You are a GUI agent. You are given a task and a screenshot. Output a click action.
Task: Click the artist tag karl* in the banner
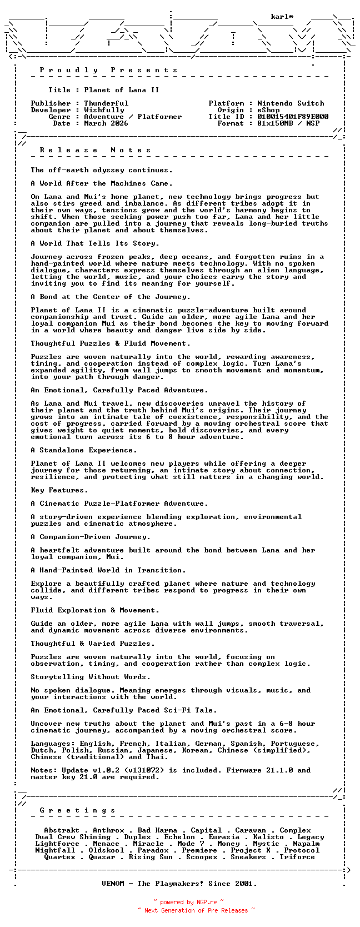pyautogui.click(x=282, y=17)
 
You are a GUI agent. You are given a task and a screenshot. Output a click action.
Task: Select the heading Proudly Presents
pyautogui.click(x=109, y=70)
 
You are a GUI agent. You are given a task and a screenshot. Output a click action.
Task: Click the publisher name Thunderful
pyautogui.click(x=106, y=103)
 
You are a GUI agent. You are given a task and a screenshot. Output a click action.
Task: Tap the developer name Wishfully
pyautogui.click(x=104, y=110)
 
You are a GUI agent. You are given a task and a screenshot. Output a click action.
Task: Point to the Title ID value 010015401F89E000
pyautogui.click(x=293, y=117)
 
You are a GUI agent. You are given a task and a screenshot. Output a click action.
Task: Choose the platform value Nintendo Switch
pyautogui.click(x=291, y=103)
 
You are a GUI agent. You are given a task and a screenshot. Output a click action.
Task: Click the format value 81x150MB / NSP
pyautogui.click(x=288, y=123)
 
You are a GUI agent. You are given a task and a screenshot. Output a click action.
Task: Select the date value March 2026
pyautogui.click(x=106, y=123)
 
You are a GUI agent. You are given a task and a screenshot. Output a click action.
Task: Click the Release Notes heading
pyautogui.click(x=96, y=150)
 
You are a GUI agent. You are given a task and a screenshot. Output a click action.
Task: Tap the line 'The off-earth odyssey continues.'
pyautogui.click(x=102, y=170)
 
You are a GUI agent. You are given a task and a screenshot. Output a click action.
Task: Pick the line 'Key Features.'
pyautogui.click(x=59, y=490)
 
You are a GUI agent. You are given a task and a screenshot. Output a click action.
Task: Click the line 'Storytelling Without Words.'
pyautogui.click(x=91, y=677)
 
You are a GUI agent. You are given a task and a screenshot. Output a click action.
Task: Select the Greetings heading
pyautogui.click(x=78, y=810)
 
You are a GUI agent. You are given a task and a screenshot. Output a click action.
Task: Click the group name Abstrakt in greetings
pyautogui.click(x=62, y=830)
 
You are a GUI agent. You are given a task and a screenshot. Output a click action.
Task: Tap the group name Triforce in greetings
pyautogui.click(x=297, y=857)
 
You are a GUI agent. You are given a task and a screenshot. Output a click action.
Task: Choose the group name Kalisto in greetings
pyautogui.click(x=268, y=837)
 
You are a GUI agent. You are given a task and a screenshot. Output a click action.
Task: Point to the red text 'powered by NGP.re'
pyautogui.click(x=188, y=903)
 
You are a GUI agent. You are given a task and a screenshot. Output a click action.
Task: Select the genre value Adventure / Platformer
pyautogui.click(x=133, y=117)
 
